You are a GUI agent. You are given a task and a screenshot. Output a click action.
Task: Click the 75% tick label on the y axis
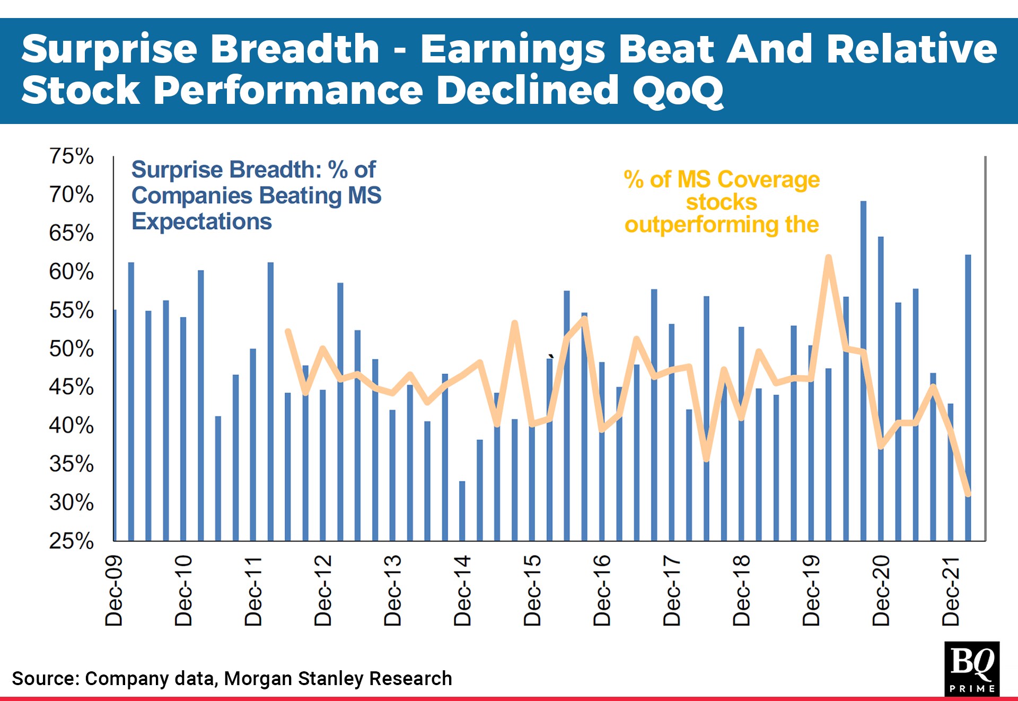[71, 156]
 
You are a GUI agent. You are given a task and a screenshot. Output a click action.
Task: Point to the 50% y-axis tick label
[71, 349]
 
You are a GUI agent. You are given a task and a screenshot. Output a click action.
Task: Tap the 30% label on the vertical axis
[71, 502]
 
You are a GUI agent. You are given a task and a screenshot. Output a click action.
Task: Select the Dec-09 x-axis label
[114, 591]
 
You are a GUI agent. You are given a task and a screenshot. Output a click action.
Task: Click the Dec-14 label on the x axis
[462, 591]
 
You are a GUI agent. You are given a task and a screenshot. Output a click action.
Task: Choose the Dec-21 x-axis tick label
[951, 591]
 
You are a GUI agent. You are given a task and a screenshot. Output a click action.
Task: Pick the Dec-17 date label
[672, 591]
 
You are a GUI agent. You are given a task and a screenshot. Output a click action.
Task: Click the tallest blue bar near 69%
[863, 371]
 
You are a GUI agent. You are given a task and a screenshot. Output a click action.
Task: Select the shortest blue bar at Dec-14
[462, 511]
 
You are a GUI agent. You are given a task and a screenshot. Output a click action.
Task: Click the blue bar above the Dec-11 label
[253, 445]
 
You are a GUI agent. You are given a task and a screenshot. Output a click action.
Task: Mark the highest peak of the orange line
[828, 258]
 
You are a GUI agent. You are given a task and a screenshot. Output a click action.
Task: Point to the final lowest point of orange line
[968, 494]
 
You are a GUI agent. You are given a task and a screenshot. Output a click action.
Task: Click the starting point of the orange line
[288, 332]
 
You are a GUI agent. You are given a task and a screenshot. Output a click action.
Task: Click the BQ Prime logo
[971, 668]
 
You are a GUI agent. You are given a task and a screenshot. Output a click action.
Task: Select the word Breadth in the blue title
[295, 49]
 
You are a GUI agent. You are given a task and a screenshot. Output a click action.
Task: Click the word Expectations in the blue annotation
[201, 221]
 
